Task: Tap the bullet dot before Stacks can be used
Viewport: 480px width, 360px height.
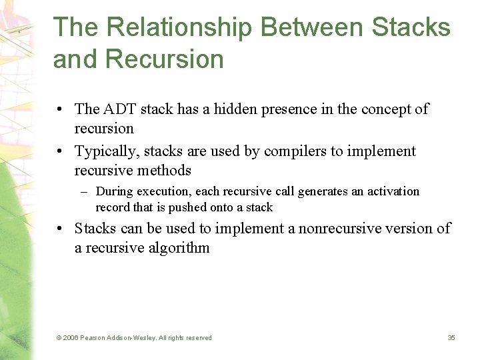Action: coord(60,229)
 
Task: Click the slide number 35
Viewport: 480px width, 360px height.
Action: coord(451,338)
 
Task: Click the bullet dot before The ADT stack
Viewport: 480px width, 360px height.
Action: coord(60,109)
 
